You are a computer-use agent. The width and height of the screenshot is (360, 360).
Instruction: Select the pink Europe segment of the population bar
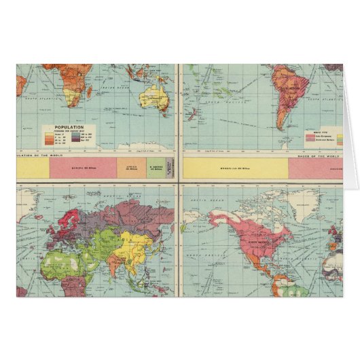coord(82,166)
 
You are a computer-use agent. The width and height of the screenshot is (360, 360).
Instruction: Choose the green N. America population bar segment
coord(155,166)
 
